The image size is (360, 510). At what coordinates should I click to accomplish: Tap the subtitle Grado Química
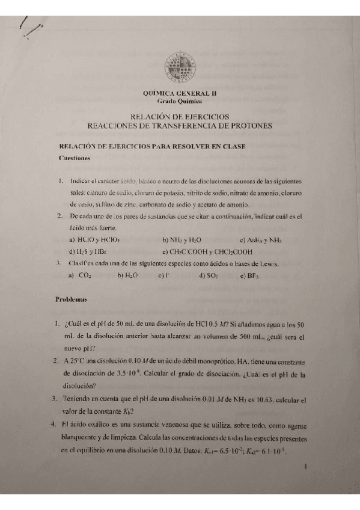click(x=180, y=102)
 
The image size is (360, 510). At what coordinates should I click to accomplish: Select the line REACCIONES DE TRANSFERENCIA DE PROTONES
click(x=180, y=126)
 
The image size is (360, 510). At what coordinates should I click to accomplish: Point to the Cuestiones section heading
click(x=75, y=158)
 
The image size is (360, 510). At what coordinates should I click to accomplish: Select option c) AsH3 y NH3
click(x=260, y=240)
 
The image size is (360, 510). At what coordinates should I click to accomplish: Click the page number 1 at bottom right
click(x=306, y=466)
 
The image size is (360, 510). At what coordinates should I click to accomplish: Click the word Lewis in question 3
click(x=268, y=263)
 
